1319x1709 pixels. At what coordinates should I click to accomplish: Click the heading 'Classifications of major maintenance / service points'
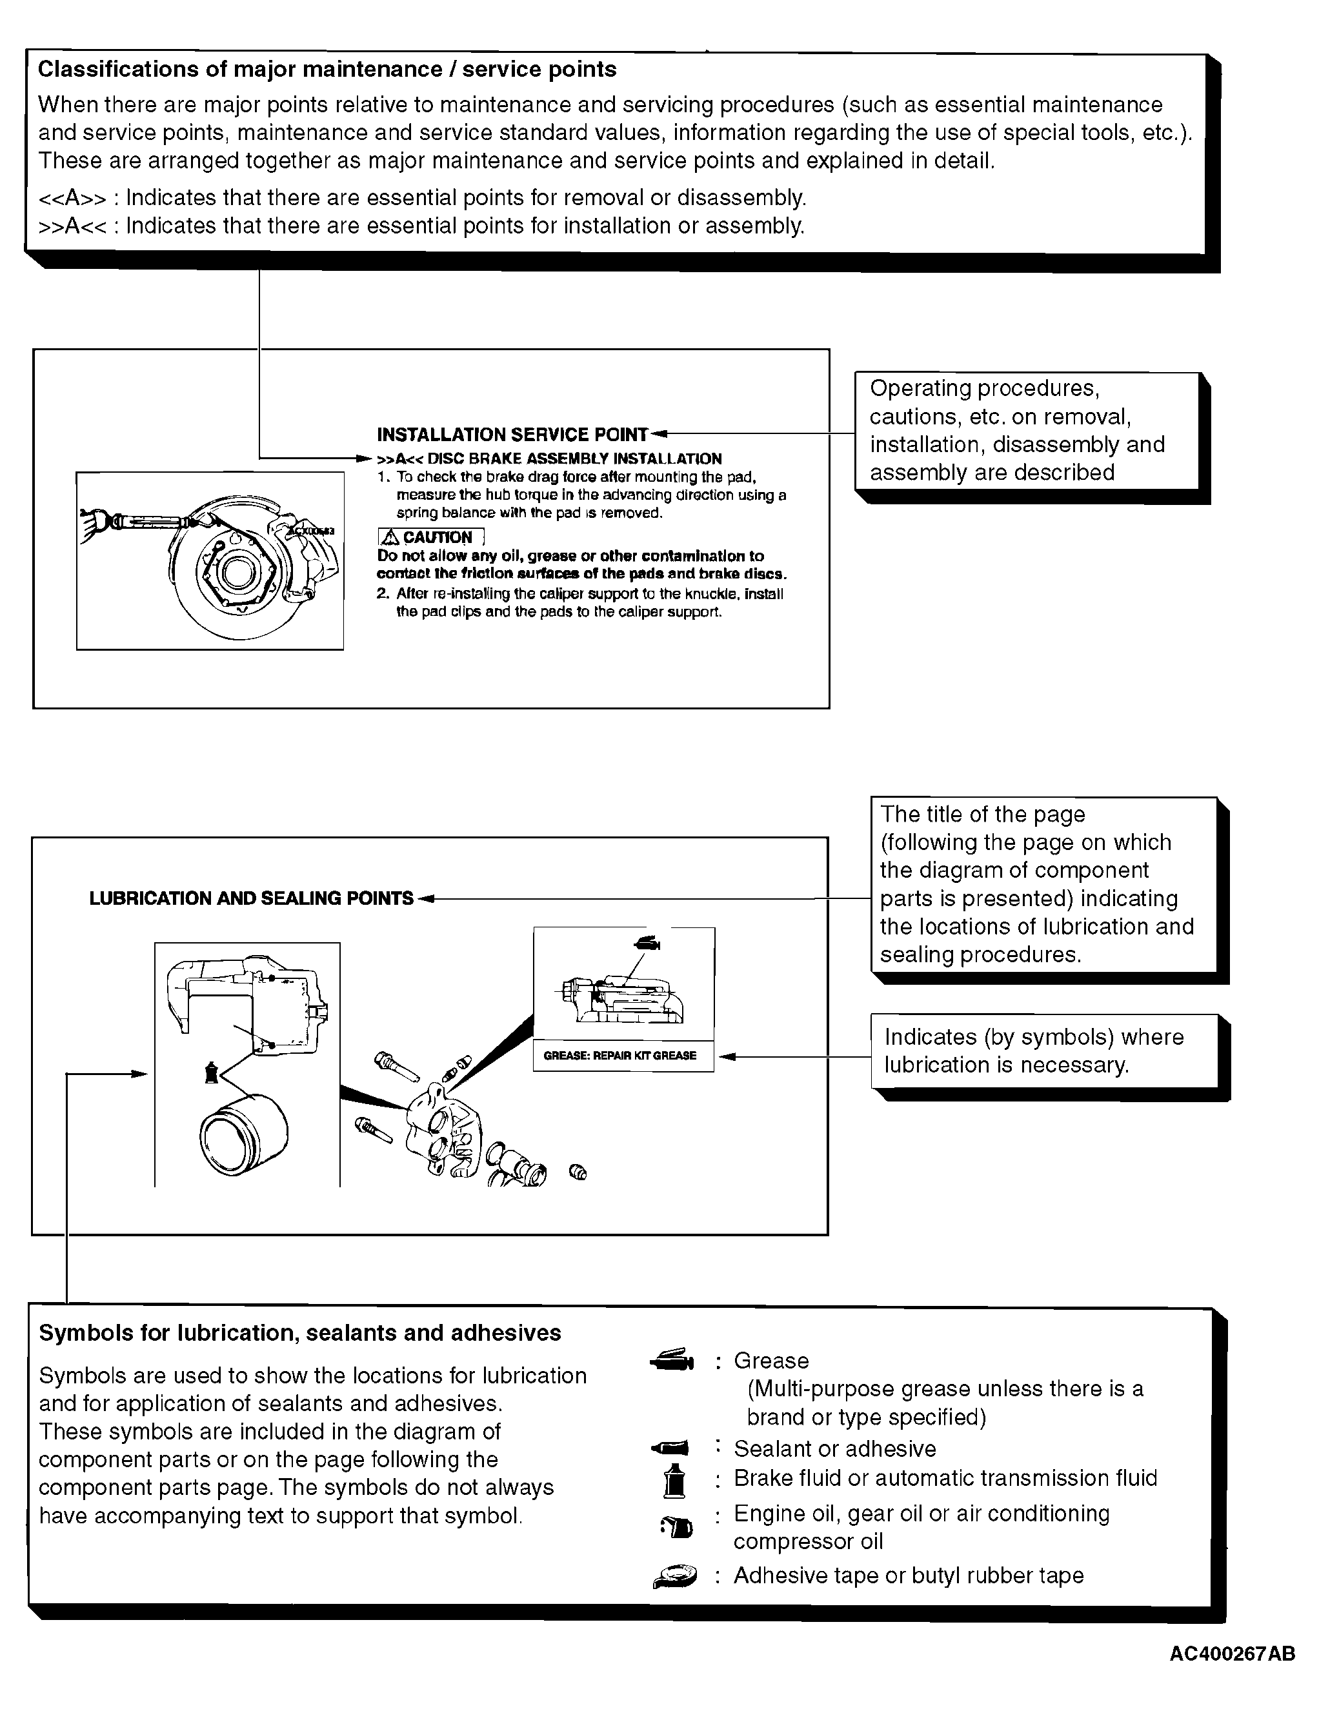click(327, 70)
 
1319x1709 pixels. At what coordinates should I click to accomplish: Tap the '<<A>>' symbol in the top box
click(72, 197)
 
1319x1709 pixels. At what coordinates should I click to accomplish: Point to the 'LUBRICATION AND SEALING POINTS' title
click(251, 898)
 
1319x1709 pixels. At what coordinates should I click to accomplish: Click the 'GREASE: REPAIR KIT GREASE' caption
click(620, 1056)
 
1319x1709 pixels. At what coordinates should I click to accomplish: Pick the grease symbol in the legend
click(673, 1361)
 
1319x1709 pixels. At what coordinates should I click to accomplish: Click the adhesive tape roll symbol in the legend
click(675, 1576)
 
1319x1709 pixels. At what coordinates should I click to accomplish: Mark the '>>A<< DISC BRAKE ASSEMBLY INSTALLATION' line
click(549, 459)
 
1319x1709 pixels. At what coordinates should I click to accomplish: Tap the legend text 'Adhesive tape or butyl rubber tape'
click(908, 1576)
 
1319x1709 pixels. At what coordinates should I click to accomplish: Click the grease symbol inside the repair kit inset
click(647, 943)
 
